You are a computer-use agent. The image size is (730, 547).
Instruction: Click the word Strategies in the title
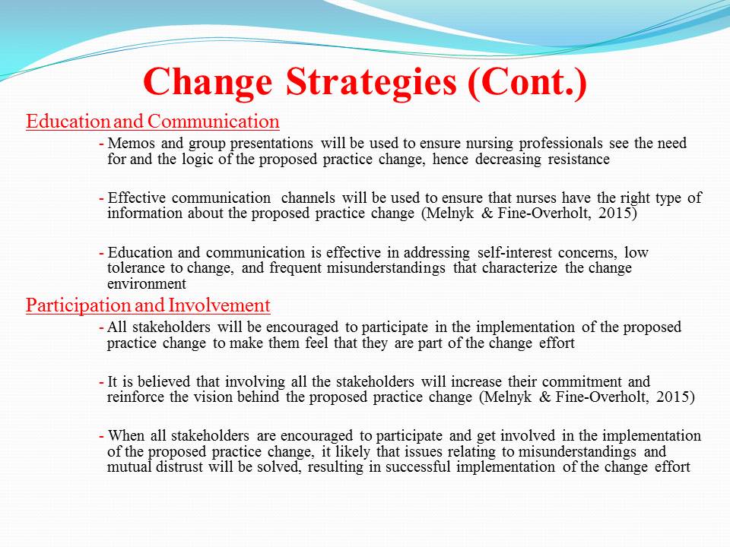click(x=371, y=83)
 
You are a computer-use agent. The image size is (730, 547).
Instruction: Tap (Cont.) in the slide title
click(x=527, y=83)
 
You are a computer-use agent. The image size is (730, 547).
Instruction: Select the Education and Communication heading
click(x=153, y=122)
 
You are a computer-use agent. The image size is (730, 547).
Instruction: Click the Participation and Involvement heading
click(x=148, y=305)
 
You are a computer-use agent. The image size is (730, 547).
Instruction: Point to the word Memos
click(x=132, y=143)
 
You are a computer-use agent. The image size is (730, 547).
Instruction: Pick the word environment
click(x=147, y=283)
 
